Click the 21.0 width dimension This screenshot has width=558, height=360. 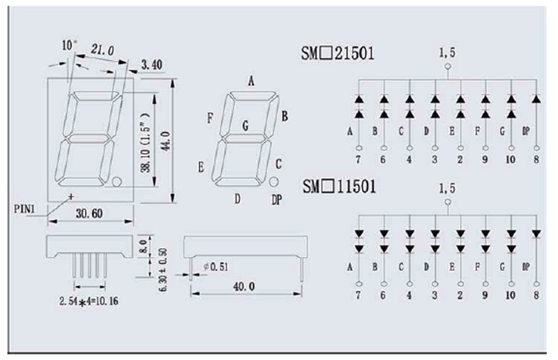coord(103,50)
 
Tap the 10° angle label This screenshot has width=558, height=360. coord(69,45)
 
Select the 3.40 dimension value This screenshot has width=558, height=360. coord(152,64)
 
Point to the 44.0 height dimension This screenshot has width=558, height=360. coord(166,141)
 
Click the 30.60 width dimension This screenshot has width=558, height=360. coord(89,213)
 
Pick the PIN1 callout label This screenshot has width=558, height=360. coord(24,209)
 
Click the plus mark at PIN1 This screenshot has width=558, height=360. coord(71,196)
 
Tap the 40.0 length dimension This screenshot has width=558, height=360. coord(243,286)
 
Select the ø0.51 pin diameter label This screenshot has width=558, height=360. coord(216,267)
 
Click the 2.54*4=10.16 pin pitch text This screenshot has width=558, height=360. coord(89,301)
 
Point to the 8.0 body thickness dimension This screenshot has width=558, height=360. coord(143,246)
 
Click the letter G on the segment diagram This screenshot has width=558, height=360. coord(246,126)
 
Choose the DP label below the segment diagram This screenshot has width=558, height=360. coord(277,200)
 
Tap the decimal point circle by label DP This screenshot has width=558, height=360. coord(273,181)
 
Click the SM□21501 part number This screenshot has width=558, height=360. coord(338,54)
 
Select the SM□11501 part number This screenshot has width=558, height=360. coord(339,186)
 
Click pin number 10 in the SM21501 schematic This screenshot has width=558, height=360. coord(511,160)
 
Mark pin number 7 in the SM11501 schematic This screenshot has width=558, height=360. coord(358,295)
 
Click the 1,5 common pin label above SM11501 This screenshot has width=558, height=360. coord(447,188)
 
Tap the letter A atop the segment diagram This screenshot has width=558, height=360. coord(251,81)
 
